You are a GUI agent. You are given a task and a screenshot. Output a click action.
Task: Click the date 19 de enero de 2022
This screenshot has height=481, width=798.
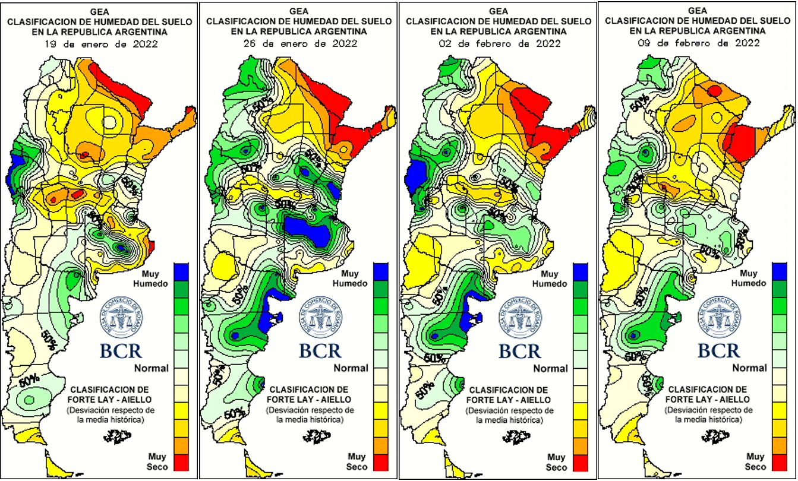(x=100, y=43)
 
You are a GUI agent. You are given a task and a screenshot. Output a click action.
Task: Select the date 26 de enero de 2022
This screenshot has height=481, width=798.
(x=298, y=43)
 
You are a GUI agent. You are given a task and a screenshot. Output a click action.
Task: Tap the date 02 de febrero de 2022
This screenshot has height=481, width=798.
(x=497, y=43)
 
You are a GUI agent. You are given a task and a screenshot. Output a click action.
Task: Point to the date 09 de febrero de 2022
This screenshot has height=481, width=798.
(x=696, y=43)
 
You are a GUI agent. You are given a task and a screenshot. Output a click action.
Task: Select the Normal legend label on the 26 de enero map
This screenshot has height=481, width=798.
(x=351, y=368)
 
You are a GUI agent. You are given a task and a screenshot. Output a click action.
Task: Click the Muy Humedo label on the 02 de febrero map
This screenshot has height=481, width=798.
(x=550, y=279)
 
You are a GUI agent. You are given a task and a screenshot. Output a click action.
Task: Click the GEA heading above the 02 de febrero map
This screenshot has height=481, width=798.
(x=497, y=11)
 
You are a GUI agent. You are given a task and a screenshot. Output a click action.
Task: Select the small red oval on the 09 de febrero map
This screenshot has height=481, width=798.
(x=715, y=91)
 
